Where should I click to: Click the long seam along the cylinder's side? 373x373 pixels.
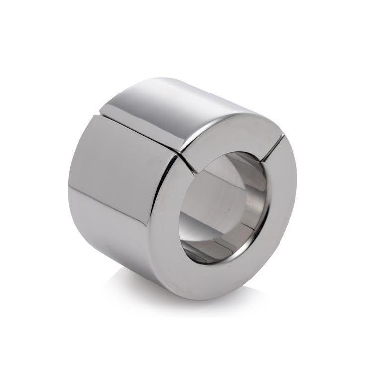tap(139, 131)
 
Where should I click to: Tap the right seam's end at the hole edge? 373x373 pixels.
tap(263, 160)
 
